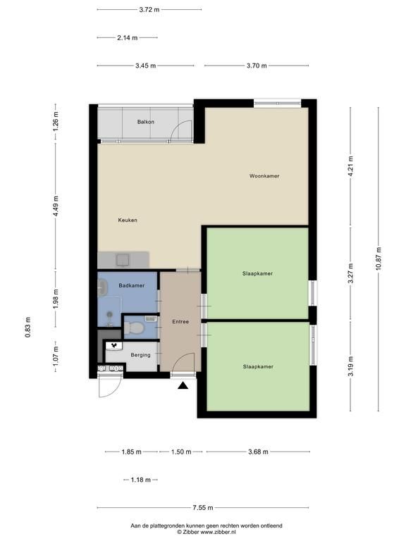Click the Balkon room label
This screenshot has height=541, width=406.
coord(146,122)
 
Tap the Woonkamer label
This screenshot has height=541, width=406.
coord(264,176)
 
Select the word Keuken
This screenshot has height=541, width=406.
coord(128,220)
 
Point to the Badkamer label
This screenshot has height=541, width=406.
coord(132,285)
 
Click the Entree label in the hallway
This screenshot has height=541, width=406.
coord(180,321)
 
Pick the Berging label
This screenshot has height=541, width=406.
coord(140,355)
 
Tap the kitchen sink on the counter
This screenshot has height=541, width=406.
coord(123,260)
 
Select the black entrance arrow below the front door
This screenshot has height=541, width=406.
coord(183,385)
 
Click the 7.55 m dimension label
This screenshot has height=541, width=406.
coord(203,507)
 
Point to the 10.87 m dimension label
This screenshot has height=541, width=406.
coord(379,259)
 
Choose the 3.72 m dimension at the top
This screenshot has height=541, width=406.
coord(149,10)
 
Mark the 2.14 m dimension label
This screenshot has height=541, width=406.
coord(128,37)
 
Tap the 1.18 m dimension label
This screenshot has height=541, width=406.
coord(141,480)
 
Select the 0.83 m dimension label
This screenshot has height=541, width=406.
coord(27,327)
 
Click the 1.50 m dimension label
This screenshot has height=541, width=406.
coord(181,452)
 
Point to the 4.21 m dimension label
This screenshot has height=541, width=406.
coord(351,167)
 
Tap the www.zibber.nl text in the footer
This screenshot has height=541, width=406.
coord(219,532)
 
